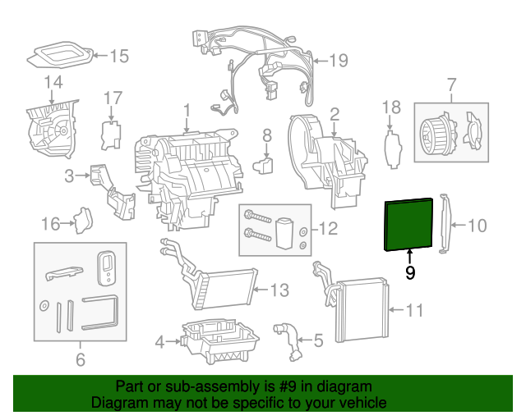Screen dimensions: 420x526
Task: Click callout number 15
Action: click(x=119, y=57)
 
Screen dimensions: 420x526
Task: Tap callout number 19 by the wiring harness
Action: click(x=339, y=60)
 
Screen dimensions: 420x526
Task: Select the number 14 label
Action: click(x=53, y=82)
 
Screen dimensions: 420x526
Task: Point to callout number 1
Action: click(x=187, y=109)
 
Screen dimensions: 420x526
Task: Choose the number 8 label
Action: click(x=266, y=134)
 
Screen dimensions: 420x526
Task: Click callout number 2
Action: click(x=335, y=112)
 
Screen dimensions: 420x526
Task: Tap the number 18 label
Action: click(x=392, y=107)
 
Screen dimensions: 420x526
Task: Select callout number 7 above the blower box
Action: click(x=450, y=84)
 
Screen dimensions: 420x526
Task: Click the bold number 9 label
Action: click(x=410, y=272)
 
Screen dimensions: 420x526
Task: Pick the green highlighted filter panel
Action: click(x=408, y=223)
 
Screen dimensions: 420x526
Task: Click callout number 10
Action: click(x=478, y=223)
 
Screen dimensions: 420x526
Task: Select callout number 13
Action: click(x=279, y=290)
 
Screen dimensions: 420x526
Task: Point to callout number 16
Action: click(x=50, y=223)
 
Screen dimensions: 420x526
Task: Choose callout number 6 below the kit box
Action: click(x=80, y=358)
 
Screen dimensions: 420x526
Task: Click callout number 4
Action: click(x=161, y=340)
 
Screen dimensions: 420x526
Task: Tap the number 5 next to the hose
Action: click(x=318, y=337)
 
